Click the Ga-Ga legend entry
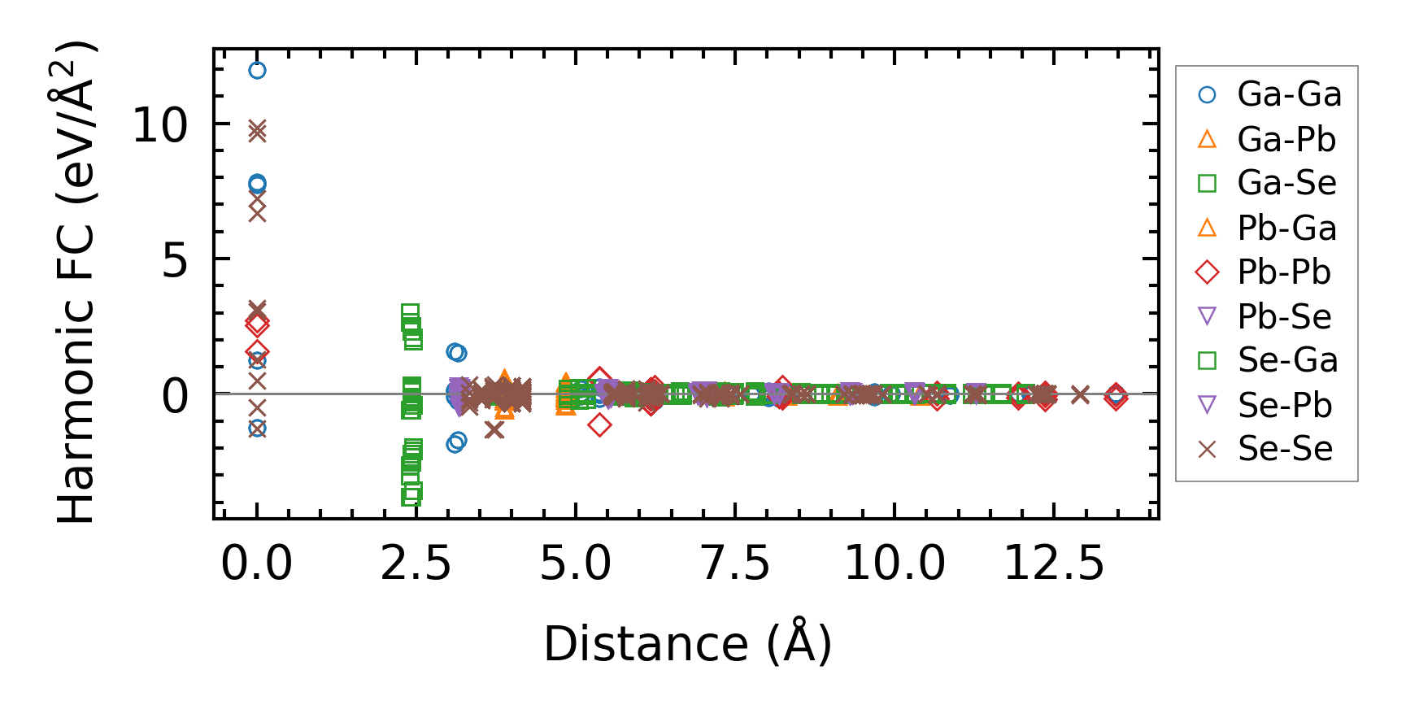(x=1289, y=95)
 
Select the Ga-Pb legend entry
(x=1286, y=140)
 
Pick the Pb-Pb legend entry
(x=1284, y=272)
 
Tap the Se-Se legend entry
(x=1285, y=449)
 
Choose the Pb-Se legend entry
(x=1284, y=317)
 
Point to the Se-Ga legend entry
(x=1287, y=360)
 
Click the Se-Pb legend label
(x=1285, y=405)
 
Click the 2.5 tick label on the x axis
(x=416, y=564)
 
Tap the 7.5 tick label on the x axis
(x=735, y=564)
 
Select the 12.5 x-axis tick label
(x=1054, y=564)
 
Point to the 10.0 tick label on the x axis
(x=895, y=564)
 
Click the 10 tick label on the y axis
(x=159, y=126)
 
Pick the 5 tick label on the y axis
(x=175, y=261)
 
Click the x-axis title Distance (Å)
(x=687, y=644)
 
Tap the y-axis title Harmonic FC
(x=77, y=281)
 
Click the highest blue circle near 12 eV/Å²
(x=257, y=71)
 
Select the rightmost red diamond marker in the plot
(x=1117, y=396)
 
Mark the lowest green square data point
(x=411, y=496)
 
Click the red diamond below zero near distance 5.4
(x=599, y=424)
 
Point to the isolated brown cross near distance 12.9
(x=1080, y=394)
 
